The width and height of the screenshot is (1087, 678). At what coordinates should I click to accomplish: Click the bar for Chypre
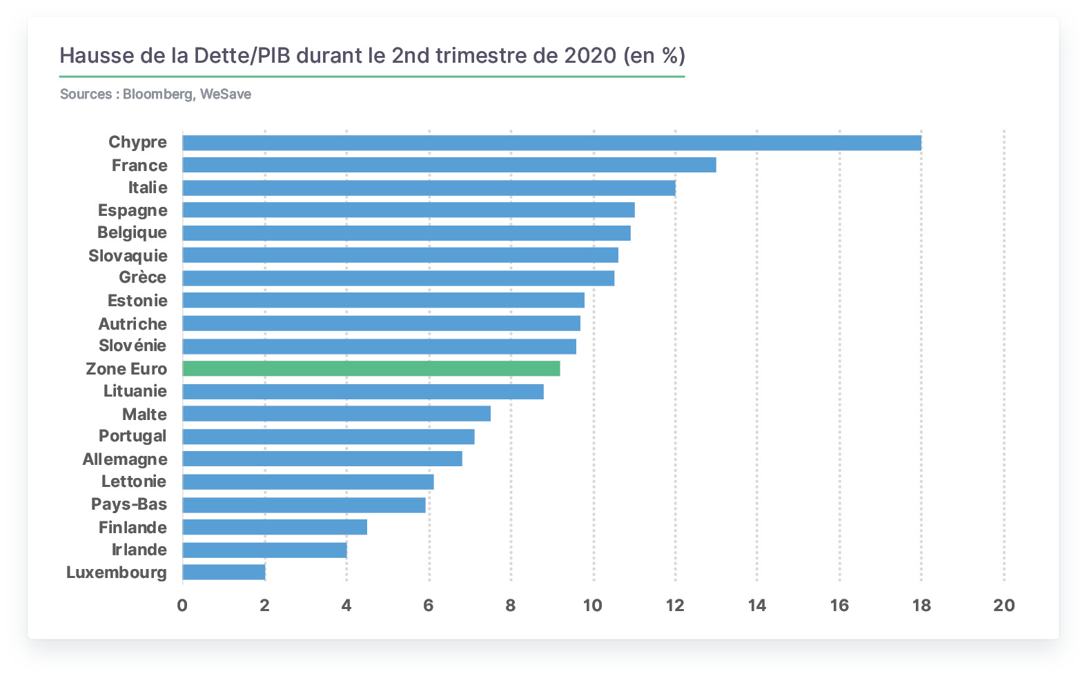point(551,143)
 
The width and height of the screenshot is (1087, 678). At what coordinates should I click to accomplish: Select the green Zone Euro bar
point(371,368)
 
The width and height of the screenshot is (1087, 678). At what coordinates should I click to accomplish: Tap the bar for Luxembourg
point(224,572)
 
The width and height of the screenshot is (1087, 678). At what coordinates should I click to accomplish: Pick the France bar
point(449,165)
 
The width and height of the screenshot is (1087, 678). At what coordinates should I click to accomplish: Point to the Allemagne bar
point(322,459)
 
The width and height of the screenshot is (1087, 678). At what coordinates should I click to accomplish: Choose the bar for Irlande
point(264,550)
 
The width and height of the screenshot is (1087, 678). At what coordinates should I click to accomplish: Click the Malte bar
point(336,414)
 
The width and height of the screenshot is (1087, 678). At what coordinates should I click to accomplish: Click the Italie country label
point(148,188)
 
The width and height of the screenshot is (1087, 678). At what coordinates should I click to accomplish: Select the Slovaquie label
point(128,256)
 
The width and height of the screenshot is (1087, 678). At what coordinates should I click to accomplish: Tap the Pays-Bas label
point(129,504)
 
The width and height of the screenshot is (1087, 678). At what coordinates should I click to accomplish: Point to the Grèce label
point(143,277)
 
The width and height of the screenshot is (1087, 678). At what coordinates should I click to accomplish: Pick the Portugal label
point(133,436)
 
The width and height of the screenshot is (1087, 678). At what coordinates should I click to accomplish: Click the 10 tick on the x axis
point(593,606)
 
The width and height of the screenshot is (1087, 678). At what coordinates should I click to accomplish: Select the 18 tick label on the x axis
point(921,606)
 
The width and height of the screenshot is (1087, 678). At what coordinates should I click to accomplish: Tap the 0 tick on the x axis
point(182,606)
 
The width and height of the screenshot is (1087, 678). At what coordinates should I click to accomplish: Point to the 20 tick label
point(1004,606)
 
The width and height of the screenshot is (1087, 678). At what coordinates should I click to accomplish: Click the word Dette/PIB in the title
point(242,56)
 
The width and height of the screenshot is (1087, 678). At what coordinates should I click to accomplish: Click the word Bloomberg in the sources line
point(158,94)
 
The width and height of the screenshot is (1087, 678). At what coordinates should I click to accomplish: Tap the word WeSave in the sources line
point(226,94)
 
